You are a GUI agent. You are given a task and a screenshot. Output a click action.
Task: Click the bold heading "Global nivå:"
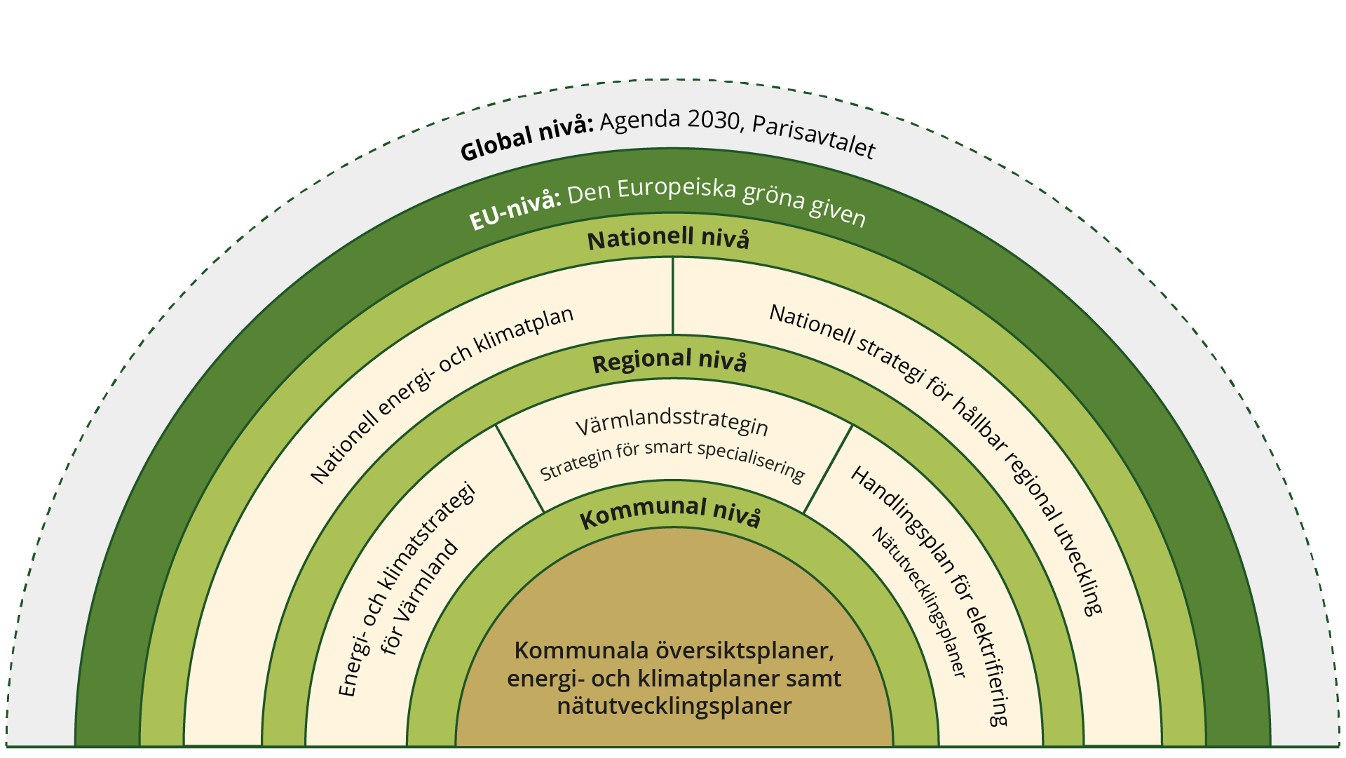click(526, 138)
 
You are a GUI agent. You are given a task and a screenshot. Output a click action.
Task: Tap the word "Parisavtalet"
click(813, 136)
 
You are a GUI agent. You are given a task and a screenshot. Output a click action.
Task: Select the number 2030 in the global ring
click(714, 119)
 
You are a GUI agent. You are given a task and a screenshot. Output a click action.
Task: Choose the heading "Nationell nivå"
click(668, 238)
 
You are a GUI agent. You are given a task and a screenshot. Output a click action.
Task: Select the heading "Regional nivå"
click(669, 360)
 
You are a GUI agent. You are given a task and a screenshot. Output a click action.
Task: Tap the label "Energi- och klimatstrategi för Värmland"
click(407, 589)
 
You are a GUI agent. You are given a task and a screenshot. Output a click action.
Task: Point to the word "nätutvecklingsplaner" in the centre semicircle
click(674, 705)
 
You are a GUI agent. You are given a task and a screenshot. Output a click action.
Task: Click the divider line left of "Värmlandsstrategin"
click(519, 468)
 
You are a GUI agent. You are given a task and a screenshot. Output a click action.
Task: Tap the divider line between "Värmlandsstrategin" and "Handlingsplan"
click(828, 468)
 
